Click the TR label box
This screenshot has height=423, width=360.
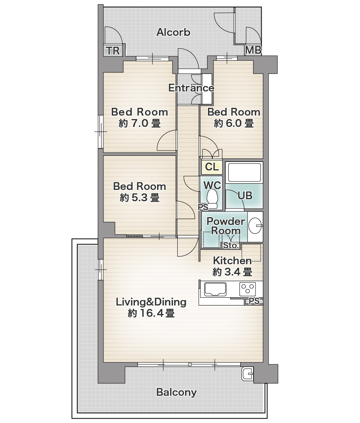113,51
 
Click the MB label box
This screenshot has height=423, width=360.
253,50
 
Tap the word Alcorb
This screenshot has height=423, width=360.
173,32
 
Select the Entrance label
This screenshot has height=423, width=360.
191,88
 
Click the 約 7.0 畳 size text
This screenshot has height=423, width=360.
140,124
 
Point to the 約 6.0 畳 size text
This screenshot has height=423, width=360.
234,124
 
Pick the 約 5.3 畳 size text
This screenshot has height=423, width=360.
140,198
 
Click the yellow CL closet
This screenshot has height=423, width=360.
212,167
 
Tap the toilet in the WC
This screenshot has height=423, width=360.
213,198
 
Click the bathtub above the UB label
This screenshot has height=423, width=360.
245,172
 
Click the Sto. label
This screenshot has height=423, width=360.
231,246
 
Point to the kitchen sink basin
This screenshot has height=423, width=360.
215,289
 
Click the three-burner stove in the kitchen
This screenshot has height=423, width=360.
247,289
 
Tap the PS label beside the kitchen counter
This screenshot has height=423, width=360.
254,301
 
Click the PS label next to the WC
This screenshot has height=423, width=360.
203,207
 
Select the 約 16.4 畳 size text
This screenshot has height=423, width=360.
151,313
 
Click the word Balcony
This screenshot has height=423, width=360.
177,392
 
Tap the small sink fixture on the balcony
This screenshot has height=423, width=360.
247,374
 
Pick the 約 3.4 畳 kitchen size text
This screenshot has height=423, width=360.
232,272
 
